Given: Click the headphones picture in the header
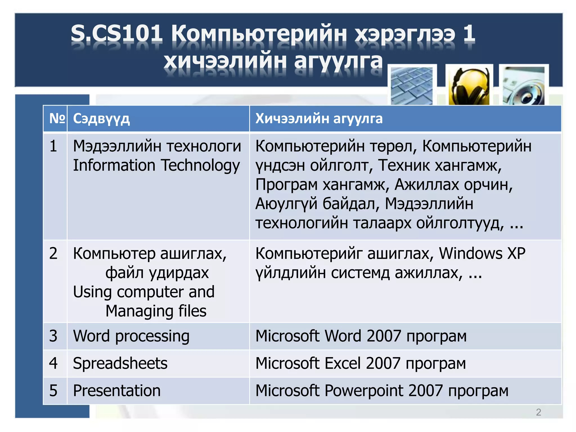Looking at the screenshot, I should coord(469,86).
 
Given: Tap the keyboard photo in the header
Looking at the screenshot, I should coord(412,86).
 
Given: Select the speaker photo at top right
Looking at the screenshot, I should coord(524,86).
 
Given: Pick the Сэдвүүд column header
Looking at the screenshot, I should coord(101,119).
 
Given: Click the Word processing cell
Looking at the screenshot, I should coord(131,336).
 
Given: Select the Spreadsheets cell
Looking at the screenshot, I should coord(120,363).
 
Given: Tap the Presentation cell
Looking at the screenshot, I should coord(117,390).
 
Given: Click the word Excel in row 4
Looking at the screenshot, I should coord(342,363).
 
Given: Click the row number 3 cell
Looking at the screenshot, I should coord(53,336).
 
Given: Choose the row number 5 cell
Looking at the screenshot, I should coord(53,390).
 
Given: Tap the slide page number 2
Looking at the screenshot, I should coord(538,412).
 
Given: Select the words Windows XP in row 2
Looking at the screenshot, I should coord(482,253).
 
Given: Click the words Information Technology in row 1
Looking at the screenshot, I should coord(156,165).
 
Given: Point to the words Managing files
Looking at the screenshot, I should coord(156,311).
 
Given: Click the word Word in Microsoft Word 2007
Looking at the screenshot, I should coord(343,336).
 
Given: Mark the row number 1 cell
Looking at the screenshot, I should coord(53,146).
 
